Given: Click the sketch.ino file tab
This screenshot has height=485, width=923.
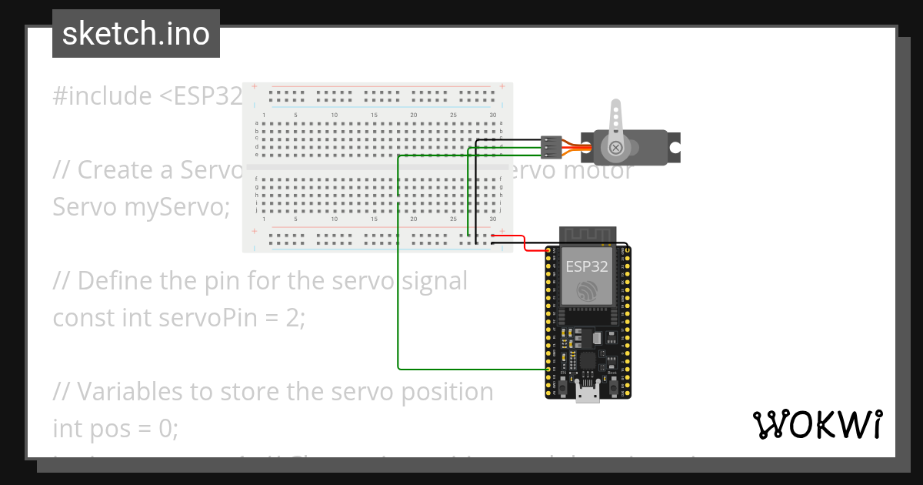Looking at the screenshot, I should (136, 34).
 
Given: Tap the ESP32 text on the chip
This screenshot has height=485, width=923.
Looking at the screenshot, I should (587, 267).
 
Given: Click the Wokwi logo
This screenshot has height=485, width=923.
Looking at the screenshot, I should (817, 424).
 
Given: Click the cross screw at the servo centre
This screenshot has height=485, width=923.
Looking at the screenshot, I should (615, 147).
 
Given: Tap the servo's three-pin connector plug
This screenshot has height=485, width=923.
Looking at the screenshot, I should (550, 146).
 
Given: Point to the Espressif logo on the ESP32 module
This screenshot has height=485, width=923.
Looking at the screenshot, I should (587, 291).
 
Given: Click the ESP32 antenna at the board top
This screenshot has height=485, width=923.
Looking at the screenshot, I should (588, 234).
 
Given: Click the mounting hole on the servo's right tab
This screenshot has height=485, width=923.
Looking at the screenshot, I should (673, 146).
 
